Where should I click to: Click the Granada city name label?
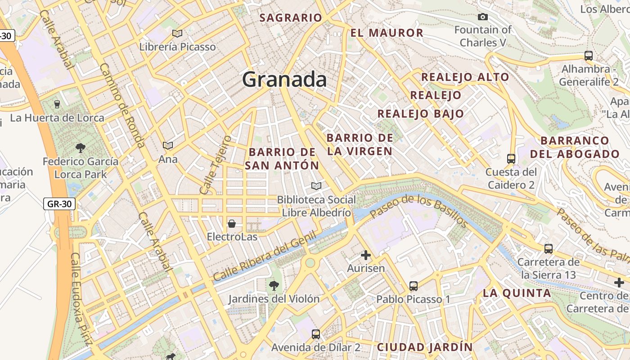284,80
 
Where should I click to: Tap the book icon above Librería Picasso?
177,33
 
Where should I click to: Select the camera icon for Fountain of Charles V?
483,17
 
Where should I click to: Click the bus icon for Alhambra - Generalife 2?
588,56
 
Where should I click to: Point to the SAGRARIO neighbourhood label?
291,18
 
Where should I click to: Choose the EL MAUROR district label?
387,33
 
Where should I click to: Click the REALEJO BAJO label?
420,113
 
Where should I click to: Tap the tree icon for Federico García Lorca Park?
81,147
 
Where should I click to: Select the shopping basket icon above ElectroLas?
232,224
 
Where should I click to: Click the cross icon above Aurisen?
366,256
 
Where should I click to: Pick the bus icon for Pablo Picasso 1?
413,286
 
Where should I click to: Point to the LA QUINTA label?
517,293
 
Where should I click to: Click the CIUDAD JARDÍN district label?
425,347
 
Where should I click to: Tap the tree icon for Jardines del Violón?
274,285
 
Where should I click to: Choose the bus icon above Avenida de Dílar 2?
316,334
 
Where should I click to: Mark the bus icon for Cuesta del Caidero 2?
511,159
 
